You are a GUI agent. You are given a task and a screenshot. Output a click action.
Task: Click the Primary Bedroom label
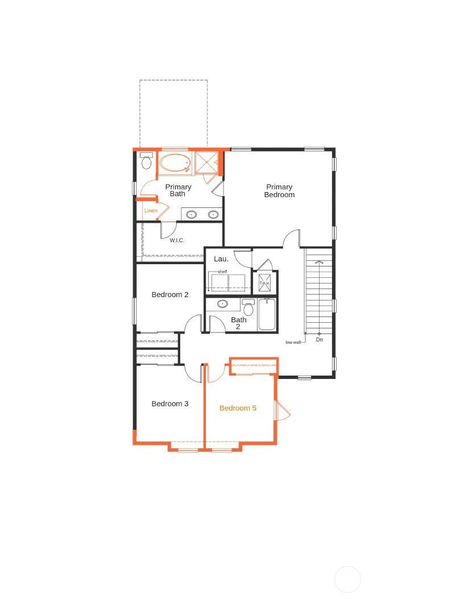(279, 190)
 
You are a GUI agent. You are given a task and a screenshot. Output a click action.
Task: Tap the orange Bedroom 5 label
(238, 408)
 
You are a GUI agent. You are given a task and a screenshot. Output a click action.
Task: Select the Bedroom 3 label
(170, 404)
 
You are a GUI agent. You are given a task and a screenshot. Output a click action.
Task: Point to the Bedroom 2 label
(170, 295)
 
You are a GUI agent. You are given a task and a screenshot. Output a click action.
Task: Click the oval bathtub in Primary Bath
(175, 164)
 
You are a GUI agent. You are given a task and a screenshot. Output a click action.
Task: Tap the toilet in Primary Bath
(146, 161)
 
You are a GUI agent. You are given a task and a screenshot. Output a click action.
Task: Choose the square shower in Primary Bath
(206, 163)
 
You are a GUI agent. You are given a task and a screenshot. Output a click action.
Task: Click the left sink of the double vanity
(192, 214)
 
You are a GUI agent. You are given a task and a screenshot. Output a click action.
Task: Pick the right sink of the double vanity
(213, 214)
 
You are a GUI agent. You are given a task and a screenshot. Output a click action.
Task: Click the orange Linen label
(151, 210)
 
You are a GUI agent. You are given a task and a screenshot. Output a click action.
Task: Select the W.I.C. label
(177, 240)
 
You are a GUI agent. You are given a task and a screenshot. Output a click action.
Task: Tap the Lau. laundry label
(221, 259)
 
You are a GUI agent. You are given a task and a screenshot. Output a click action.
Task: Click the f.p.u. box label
(264, 283)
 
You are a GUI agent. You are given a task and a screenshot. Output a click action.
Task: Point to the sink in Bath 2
(222, 304)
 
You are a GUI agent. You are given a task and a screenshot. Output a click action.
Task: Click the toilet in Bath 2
(248, 307)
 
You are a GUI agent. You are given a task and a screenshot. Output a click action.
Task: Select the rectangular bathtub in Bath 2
(267, 314)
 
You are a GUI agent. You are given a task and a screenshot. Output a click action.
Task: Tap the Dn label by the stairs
(320, 339)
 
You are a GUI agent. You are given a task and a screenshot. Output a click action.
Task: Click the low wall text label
(293, 342)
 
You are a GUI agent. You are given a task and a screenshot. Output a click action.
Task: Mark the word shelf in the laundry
(222, 272)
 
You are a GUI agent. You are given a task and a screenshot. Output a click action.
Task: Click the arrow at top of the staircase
(318, 262)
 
